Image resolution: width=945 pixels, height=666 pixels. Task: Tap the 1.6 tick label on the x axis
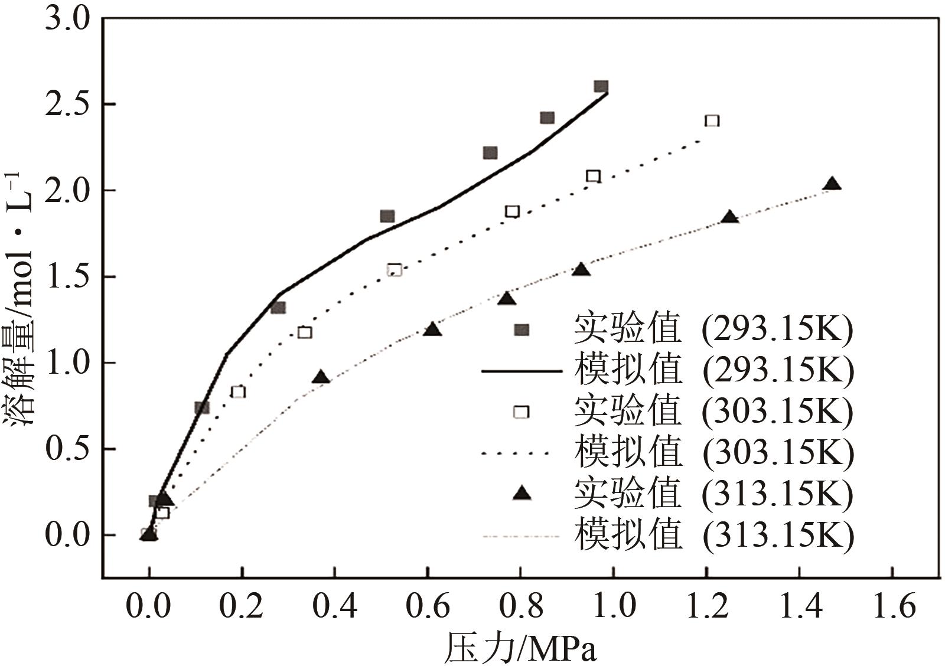click(892, 606)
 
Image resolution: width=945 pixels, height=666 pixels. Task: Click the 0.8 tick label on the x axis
click(520, 606)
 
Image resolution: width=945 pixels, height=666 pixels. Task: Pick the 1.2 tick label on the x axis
click(706, 606)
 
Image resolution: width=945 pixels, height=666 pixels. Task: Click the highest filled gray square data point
click(601, 87)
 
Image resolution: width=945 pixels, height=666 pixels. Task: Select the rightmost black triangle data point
click(832, 184)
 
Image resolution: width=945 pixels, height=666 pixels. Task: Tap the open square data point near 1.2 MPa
click(712, 121)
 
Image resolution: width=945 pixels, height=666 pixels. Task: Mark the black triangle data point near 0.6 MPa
click(432, 329)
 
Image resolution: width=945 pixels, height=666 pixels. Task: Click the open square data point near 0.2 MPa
click(238, 391)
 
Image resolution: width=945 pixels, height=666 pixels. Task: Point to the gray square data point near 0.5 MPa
click(387, 216)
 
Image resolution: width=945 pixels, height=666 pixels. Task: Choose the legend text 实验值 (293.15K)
click(713, 329)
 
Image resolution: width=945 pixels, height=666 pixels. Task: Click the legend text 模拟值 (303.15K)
click(713, 453)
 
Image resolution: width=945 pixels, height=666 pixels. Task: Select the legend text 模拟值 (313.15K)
click(713, 536)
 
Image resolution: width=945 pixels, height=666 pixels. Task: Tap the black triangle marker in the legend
click(522, 493)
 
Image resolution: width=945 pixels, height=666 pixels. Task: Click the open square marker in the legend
click(521, 412)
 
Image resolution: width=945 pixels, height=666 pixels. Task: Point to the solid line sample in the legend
click(522, 371)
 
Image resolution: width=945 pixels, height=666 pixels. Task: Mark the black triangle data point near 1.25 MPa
click(730, 217)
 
